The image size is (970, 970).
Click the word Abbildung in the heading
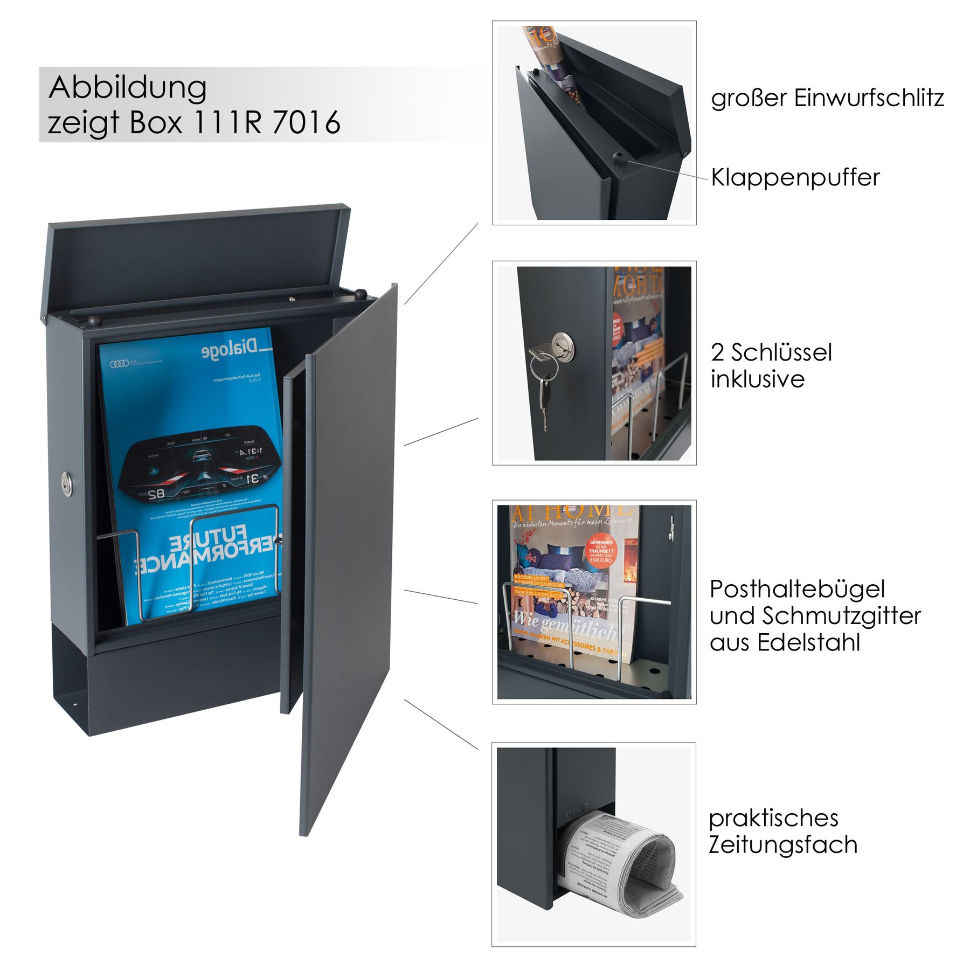click(x=128, y=88)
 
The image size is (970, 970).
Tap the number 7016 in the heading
click(x=306, y=123)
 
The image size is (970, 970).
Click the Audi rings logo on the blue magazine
click(x=120, y=364)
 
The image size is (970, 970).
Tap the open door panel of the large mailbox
click(x=348, y=539)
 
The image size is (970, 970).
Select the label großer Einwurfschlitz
click(x=827, y=98)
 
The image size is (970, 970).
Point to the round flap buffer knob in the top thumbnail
click(x=618, y=158)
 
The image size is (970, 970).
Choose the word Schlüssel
click(x=781, y=353)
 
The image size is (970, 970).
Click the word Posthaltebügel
click(x=797, y=589)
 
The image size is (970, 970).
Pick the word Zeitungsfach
click(x=782, y=844)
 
